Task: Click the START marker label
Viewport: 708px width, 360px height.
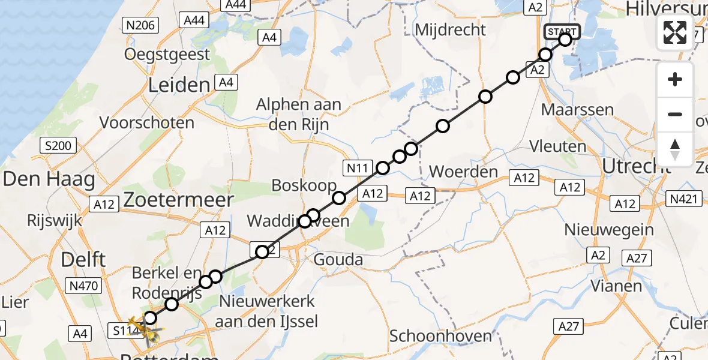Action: (x=562, y=32)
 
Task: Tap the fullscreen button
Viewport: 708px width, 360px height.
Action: (x=675, y=32)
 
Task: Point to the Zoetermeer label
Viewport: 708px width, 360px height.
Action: (x=178, y=200)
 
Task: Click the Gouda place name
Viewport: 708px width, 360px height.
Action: (x=339, y=260)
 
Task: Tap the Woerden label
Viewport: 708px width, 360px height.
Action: (x=464, y=172)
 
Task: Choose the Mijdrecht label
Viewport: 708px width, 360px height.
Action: (x=450, y=30)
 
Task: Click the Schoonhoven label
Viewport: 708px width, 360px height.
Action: (x=441, y=336)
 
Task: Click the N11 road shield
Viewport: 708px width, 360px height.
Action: (x=359, y=167)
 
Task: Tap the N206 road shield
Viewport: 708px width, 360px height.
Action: (x=140, y=25)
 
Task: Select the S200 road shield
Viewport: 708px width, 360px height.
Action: (x=58, y=145)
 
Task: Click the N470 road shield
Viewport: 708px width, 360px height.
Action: (x=84, y=286)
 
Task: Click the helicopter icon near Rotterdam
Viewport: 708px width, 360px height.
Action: (x=145, y=329)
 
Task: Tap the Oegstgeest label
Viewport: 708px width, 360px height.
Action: (x=167, y=55)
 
